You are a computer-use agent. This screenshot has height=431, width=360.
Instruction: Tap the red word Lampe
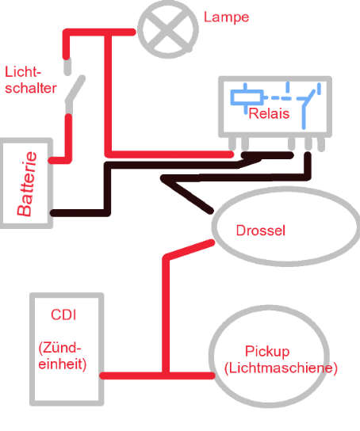tap(225, 17)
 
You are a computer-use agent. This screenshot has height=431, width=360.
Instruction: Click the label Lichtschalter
tap(29, 80)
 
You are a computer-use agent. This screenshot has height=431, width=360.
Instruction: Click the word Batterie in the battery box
tap(26, 185)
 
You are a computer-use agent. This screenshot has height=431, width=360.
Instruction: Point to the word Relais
tap(267, 114)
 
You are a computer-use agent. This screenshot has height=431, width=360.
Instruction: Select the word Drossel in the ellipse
tap(260, 231)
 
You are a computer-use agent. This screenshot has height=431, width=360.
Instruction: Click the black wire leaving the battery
tap(79, 212)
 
